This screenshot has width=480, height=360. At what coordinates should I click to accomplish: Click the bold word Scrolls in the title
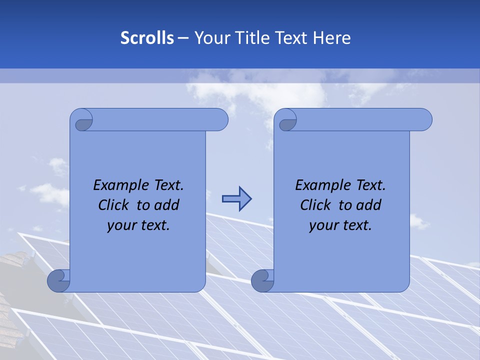147,38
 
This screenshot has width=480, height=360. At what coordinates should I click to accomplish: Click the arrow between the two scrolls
236,199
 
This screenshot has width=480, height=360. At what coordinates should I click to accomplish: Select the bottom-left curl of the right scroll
263,280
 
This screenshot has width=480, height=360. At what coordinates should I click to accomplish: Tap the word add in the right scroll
369,205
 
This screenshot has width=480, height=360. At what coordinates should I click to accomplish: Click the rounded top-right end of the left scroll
219,120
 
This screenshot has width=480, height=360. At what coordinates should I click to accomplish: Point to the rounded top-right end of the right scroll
423,120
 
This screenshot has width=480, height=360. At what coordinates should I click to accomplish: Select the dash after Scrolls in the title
183,38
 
